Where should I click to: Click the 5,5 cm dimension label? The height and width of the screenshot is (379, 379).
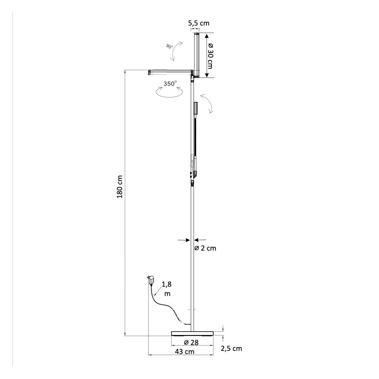(x=199, y=23)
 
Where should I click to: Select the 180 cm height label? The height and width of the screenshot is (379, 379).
(x=120, y=187)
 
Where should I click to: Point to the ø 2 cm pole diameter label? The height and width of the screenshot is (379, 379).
(x=205, y=248)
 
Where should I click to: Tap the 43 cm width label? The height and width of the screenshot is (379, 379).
(x=185, y=351)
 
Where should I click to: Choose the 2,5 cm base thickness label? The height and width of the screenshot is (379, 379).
(x=231, y=348)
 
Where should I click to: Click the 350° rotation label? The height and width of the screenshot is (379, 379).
(x=170, y=84)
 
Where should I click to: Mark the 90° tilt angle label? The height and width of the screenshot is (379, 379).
(x=169, y=47)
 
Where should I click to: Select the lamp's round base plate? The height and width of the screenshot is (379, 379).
(x=192, y=333)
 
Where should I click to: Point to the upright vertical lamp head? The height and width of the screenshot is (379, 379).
(x=197, y=55)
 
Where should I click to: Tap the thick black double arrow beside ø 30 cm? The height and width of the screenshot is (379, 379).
(x=206, y=55)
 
